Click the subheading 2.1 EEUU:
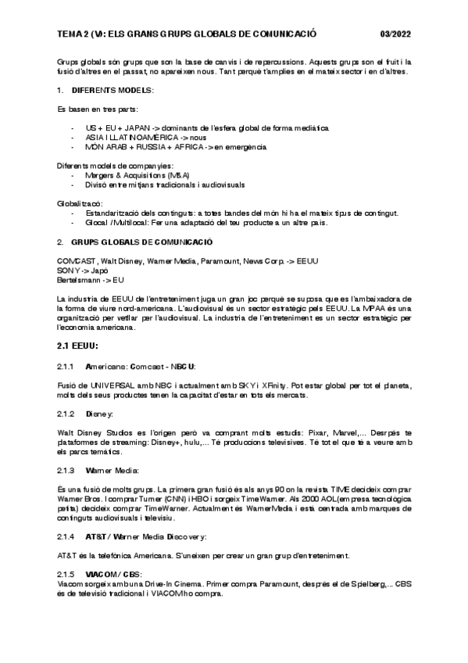click(77, 346)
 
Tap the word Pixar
click(305, 432)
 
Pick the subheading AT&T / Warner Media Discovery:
click(145, 536)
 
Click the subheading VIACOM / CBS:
click(113, 574)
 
